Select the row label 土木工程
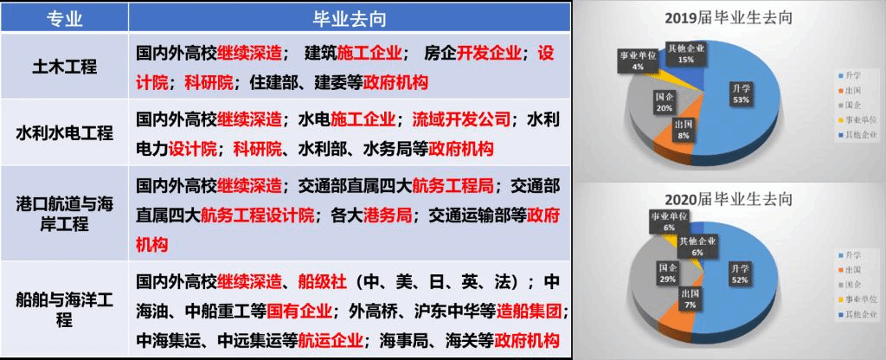tap(66, 66)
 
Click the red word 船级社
tap(322, 283)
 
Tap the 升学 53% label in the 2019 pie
tap(741, 93)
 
